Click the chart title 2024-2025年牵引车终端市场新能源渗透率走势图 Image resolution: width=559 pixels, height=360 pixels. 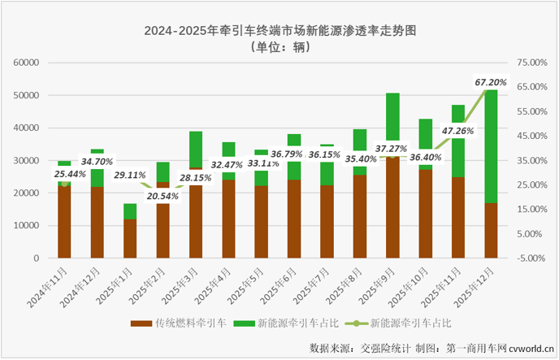point(280,32)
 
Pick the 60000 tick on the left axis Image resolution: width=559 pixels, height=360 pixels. point(27,63)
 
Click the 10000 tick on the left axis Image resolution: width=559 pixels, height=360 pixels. point(27,226)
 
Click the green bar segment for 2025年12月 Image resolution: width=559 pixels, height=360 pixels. point(491,146)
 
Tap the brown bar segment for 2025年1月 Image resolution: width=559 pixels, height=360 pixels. point(130,239)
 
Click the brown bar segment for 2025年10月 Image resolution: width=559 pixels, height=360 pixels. point(425,214)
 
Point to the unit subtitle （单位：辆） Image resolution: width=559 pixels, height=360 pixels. point(280,48)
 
